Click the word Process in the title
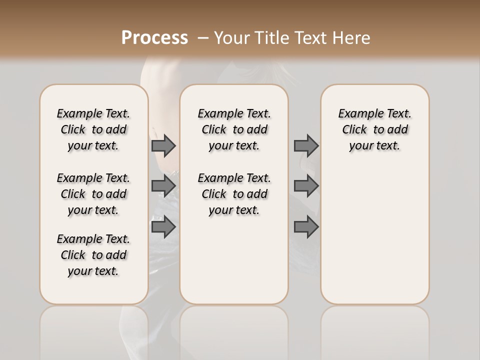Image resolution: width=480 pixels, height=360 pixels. click(154, 38)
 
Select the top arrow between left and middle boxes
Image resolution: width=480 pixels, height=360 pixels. click(163, 145)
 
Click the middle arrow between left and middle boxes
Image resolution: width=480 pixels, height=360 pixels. click(163, 186)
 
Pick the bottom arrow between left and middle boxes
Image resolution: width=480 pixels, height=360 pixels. click(163, 227)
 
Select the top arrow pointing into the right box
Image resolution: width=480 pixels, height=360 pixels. click(306, 145)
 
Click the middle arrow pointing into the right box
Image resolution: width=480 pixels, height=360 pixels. click(306, 186)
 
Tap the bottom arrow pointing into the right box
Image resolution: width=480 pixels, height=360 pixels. click(306, 227)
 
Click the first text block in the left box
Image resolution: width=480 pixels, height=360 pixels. click(93, 129)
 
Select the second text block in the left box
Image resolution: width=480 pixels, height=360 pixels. click(93, 194)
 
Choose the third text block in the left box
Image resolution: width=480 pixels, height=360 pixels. click(93, 255)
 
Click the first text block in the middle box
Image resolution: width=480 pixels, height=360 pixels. click(234, 129)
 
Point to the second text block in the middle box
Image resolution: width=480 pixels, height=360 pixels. click(234, 194)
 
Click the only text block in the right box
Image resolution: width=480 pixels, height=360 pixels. click(374, 129)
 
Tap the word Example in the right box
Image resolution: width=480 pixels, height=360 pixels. click(357, 114)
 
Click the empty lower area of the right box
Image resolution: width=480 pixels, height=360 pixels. click(374, 235)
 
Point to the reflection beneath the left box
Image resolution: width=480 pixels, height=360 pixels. click(94, 325)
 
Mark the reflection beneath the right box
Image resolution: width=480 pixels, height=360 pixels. click(374, 325)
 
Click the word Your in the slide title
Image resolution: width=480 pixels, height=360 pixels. click(232, 38)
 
